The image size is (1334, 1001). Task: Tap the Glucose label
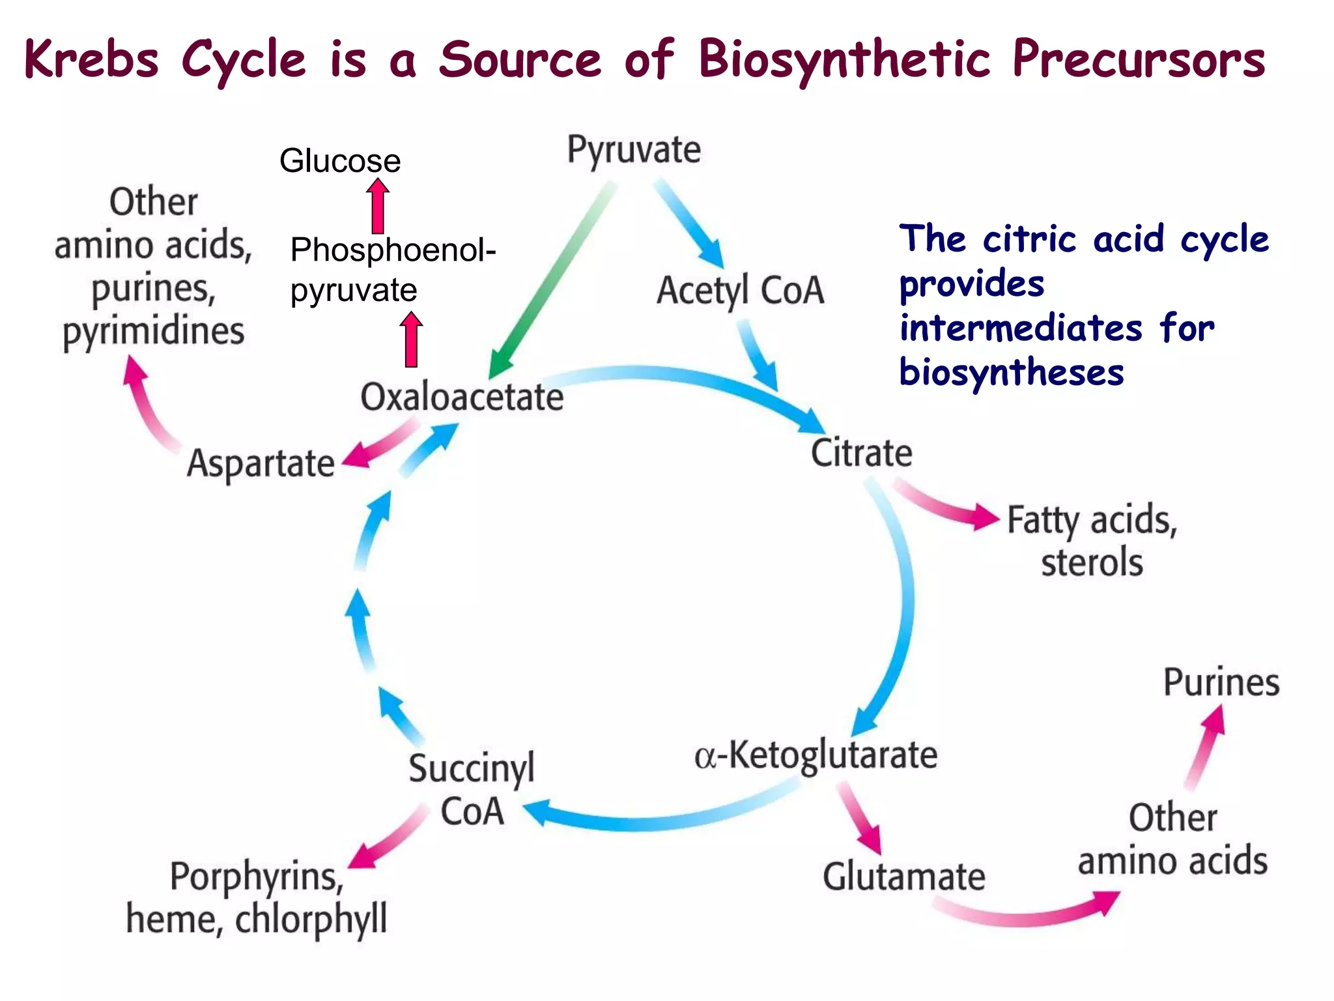(x=339, y=160)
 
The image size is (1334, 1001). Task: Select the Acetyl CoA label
(x=740, y=291)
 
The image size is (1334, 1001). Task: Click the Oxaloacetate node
(x=462, y=397)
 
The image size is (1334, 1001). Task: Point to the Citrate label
(x=861, y=453)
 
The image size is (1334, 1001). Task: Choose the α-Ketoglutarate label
(x=816, y=756)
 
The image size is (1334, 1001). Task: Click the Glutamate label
(x=903, y=877)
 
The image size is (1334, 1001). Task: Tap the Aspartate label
(x=261, y=464)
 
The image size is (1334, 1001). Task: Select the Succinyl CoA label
(x=472, y=789)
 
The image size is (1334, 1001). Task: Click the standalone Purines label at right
(x=1221, y=683)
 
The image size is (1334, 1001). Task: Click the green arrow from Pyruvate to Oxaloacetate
(x=554, y=280)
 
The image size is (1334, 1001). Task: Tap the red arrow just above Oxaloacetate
(x=411, y=340)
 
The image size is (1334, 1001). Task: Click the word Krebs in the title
(x=91, y=59)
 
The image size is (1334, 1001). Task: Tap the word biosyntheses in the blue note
(x=1012, y=373)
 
